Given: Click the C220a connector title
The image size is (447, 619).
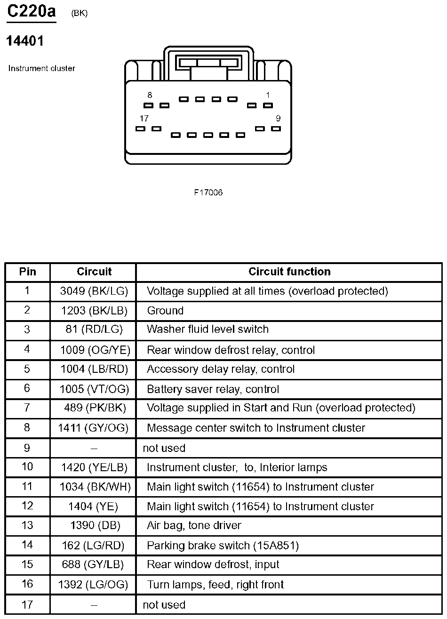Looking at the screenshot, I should coord(32,11).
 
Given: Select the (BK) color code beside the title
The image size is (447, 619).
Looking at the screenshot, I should coord(79,14).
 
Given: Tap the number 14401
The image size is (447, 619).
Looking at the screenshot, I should coord(25,41).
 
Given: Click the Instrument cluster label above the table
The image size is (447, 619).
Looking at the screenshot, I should coord(42,68).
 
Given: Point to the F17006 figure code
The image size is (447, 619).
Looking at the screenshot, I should coord(208,193).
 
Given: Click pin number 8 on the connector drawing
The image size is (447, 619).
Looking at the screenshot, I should coord(150,95).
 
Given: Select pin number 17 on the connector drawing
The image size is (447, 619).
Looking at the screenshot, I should coord(144,119).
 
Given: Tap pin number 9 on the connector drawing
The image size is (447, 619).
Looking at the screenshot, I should coord(278,119).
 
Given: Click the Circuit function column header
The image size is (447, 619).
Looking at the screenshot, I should coord(289,272).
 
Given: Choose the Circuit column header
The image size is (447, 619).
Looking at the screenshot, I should coord(94,272).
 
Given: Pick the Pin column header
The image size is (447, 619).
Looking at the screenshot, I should coord(28,272).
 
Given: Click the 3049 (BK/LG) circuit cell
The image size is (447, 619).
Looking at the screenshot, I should coord(94,291).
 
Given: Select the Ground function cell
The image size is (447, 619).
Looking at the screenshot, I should coord(165,311).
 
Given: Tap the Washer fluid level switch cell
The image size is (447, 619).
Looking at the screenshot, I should coord(208,330).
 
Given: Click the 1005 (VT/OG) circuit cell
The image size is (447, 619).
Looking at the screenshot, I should coord(94,389).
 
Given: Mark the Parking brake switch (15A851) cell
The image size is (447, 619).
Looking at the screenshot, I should coord(223,546).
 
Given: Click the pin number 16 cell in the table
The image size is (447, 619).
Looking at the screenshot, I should coord(27,584).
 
